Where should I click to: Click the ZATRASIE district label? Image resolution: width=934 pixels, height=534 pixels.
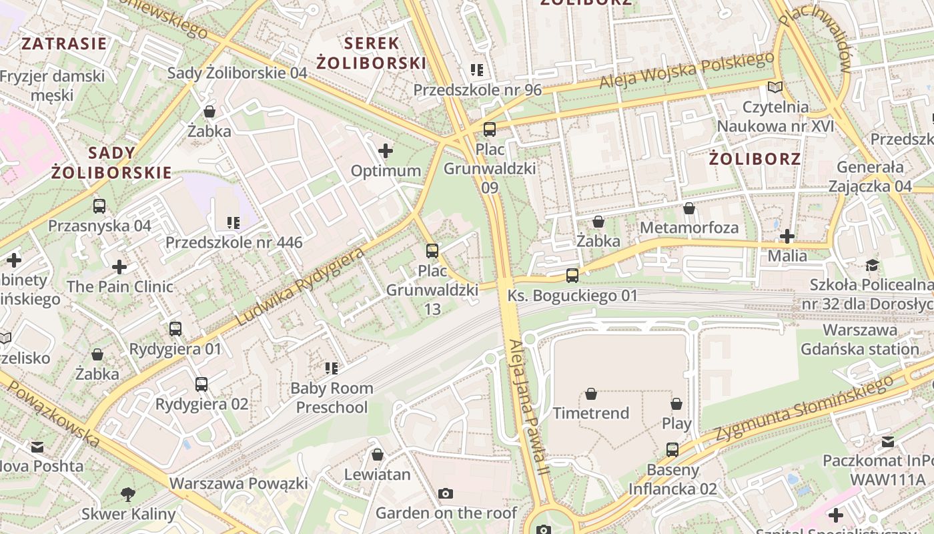click(64, 44)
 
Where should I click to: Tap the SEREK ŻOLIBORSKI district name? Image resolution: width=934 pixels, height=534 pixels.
click(371, 53)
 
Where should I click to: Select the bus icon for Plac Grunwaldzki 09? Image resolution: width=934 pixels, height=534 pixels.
click(490, 129)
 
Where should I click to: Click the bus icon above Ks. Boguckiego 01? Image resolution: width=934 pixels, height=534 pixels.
click(572, 275)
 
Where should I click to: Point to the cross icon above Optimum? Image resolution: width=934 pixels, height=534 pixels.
click(386, 151)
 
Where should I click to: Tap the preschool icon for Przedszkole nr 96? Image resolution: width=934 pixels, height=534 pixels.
click(477, 70)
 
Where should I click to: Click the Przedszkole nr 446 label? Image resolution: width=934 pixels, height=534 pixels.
click(233, 242)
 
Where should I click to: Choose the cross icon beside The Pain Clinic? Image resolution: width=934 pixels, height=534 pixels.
click(119, 267)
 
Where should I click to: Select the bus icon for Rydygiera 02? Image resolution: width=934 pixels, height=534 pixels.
click(201, 384)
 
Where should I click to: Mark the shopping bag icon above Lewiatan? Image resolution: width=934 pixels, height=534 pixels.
click(378, 455)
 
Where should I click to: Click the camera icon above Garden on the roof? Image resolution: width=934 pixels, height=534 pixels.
click(446, 494)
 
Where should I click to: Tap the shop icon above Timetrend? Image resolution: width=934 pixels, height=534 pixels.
click(590, 394)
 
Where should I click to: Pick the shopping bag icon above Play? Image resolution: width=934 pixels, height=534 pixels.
click(676, 404)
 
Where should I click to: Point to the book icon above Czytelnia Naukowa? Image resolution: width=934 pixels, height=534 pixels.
click(775, 87)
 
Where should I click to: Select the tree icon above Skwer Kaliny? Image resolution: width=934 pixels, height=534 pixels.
click(128, 495)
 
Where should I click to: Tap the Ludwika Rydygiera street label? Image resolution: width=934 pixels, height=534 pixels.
click(300, 287)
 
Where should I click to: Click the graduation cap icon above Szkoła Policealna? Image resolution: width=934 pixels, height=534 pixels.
click(872, 266)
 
